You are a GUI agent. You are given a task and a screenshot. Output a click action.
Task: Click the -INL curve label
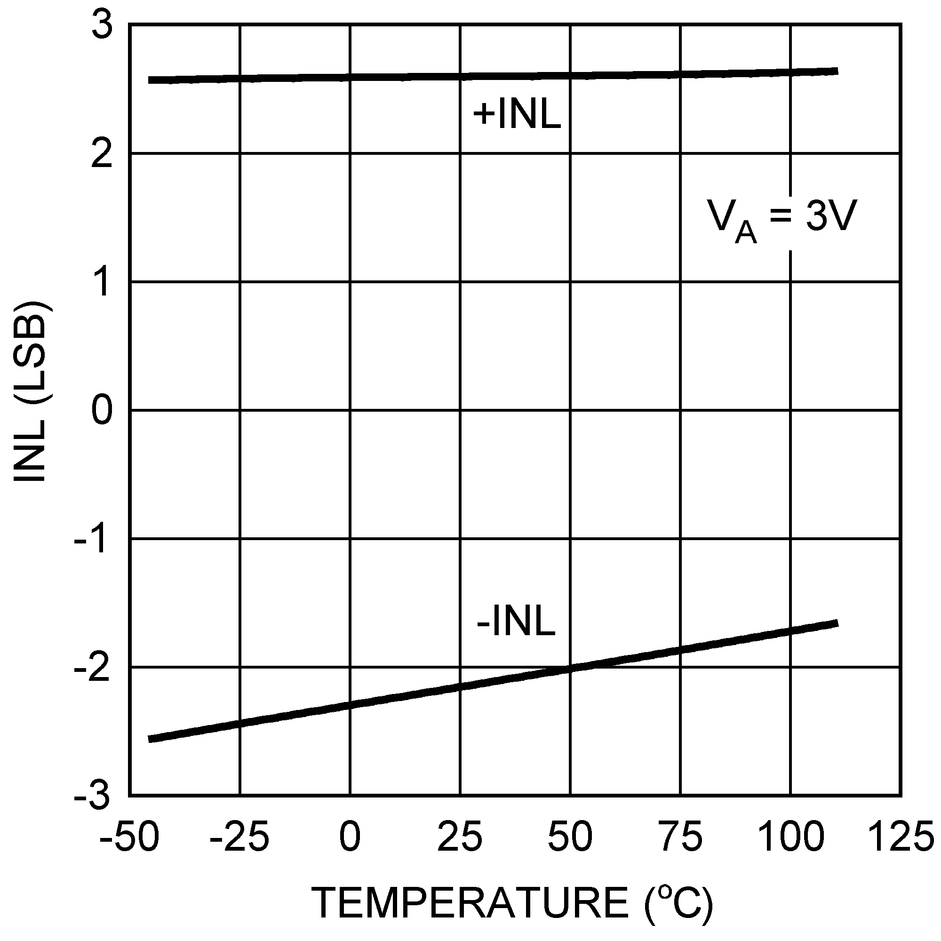[516, 622]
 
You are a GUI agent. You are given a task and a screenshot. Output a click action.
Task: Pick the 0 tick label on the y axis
[102, 411]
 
